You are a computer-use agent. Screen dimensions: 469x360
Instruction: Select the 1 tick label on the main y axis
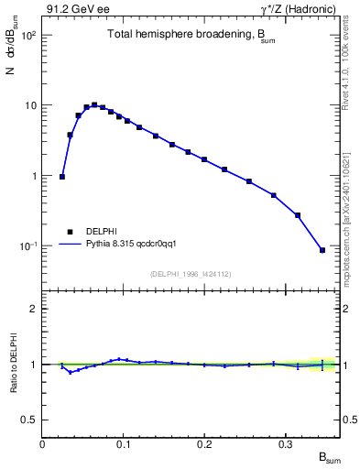tap(35, 176)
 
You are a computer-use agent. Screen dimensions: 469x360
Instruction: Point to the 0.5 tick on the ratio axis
tap(30, 420)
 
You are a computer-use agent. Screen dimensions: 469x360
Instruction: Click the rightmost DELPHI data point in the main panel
tap(322, 250)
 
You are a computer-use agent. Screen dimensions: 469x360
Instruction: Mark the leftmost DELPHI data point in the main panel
tap(62, 177)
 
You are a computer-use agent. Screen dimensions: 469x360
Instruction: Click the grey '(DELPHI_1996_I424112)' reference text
tap(191, 273)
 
